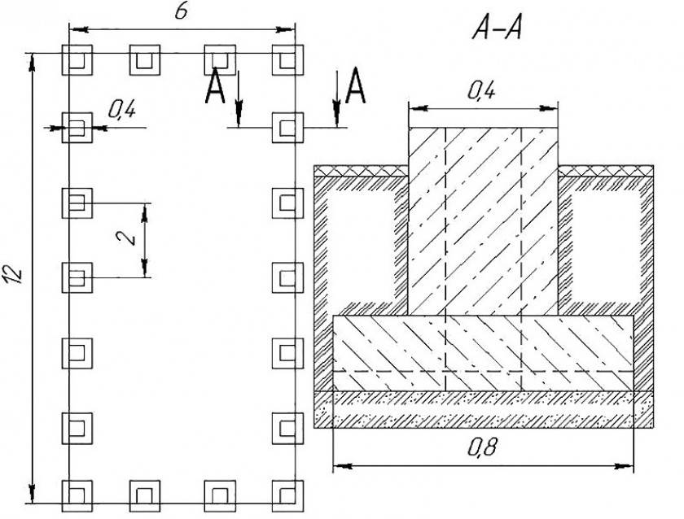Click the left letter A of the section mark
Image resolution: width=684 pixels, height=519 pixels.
tap(215, 87)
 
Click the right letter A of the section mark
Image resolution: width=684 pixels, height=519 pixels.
tap(356, 87)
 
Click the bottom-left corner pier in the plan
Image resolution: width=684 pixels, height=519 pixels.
tap(78, 495)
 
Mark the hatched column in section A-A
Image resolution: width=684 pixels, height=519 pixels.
tap(483, 220)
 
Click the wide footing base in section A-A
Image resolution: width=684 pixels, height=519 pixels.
tap(484, 352)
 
